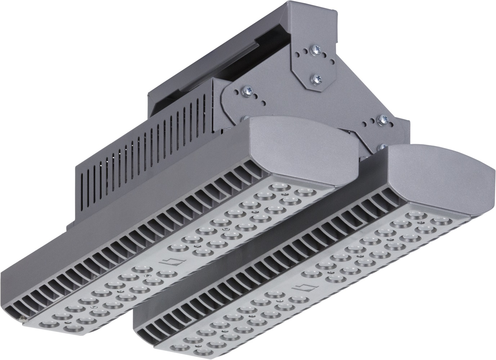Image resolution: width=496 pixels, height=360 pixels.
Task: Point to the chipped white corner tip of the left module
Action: pos(23,318)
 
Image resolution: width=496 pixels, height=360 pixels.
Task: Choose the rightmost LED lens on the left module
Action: pos(303,191)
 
